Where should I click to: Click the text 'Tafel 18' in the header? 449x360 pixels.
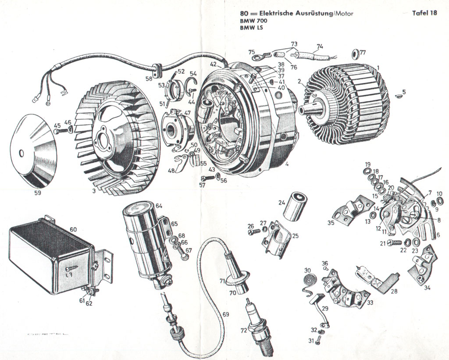[x=424, y=13]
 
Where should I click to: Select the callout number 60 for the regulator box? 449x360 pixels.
[x=73, y=229]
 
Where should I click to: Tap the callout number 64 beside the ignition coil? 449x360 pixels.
[x=158, y=206]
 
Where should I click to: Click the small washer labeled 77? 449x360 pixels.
[x=353, y=55]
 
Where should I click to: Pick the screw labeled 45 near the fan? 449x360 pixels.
[x=63, y=130]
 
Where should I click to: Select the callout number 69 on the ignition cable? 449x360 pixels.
[x=225, y=314]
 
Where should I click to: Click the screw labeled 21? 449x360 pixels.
[x=394, y=242]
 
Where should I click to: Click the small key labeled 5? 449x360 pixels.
[x=398, y=93]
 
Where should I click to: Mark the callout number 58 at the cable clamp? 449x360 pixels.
[x=149, y=78]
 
